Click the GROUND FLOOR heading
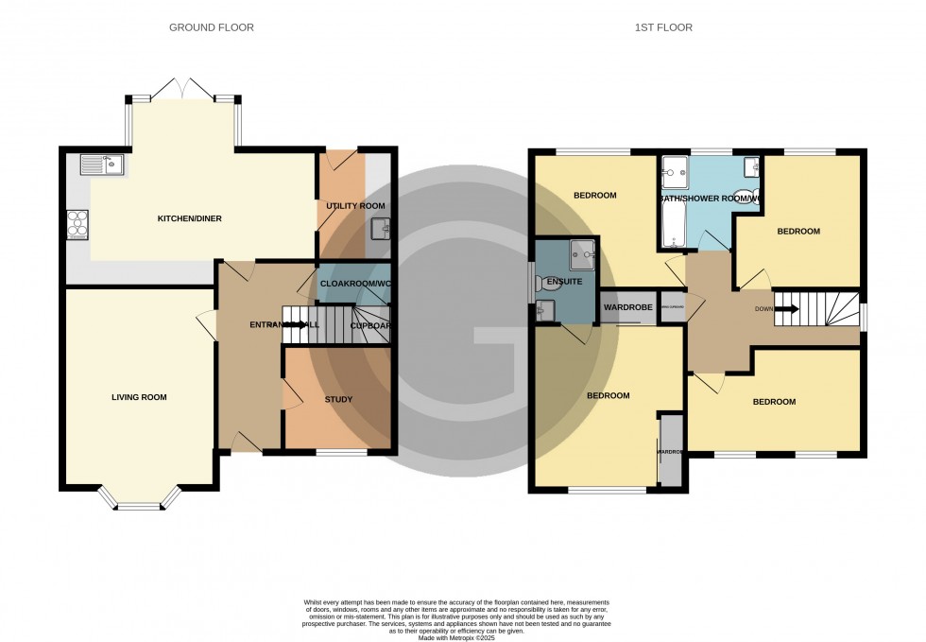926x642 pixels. point(211,27)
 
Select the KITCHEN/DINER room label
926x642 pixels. point(189,218)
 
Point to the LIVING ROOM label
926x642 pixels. point(139,397)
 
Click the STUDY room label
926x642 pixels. point(338,399)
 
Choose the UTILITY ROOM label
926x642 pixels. point(355,205)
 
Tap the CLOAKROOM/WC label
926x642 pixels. point(356,284)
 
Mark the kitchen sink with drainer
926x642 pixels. point(103,165)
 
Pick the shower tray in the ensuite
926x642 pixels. point(582,252)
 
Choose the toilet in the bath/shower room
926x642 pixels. point(747,197)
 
